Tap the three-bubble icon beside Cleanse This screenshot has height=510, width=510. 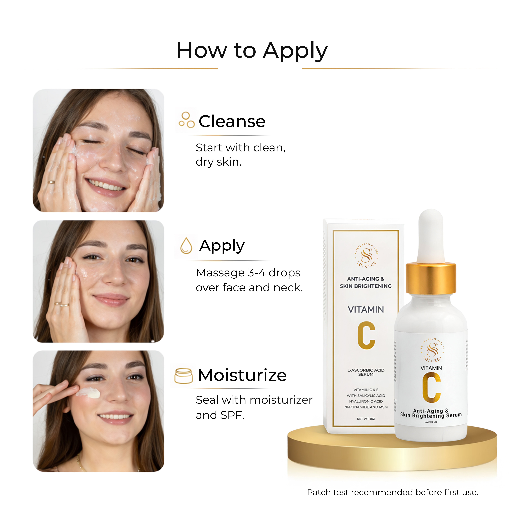coord(186,120)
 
